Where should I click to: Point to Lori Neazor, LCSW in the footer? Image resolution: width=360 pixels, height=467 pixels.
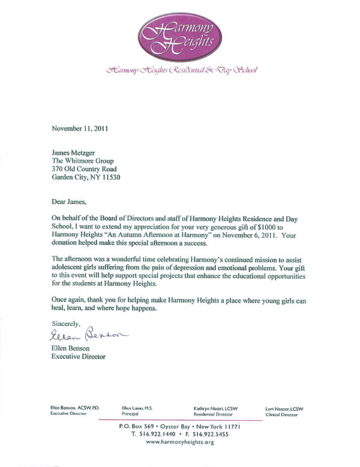pos(284,409)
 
